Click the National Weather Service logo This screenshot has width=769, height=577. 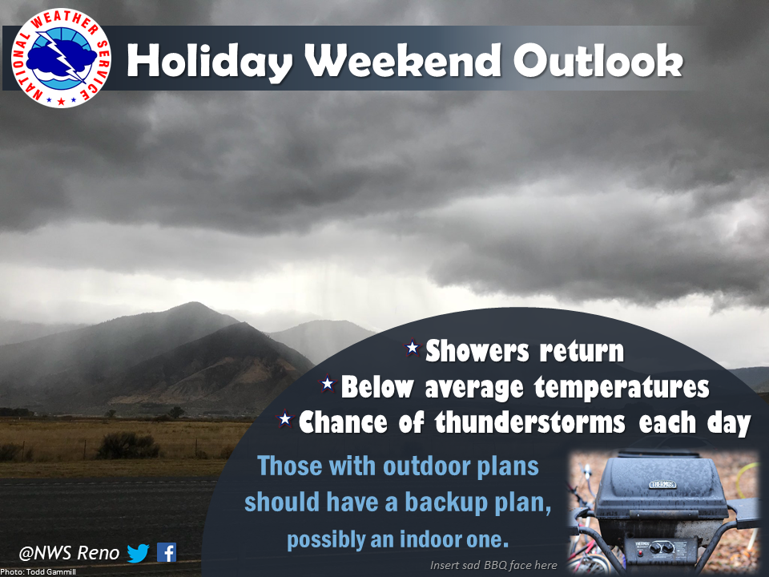click(61, 58)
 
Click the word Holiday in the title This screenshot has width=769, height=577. click(210, 62)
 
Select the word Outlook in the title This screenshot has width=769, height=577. click(598, 60)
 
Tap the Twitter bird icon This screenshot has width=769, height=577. click(138, 553)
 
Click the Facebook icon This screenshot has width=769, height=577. click(167, 552)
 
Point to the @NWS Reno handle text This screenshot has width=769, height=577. click(69, 553)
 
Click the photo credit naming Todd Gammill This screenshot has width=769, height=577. click(38, 572)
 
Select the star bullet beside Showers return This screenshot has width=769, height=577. click(413, 347)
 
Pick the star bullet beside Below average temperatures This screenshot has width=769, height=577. click(327, 383)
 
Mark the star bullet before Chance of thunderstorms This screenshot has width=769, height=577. click(284, 419)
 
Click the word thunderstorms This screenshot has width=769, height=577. click(529, 422)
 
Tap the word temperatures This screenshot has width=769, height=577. click(622, 387)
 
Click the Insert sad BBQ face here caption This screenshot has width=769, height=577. click(493, 565)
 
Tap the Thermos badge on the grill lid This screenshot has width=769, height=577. click(662, 484)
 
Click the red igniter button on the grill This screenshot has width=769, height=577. click(641, 552)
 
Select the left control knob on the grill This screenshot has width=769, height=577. click(655, 547)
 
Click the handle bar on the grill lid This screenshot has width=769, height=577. click(662, 513)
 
